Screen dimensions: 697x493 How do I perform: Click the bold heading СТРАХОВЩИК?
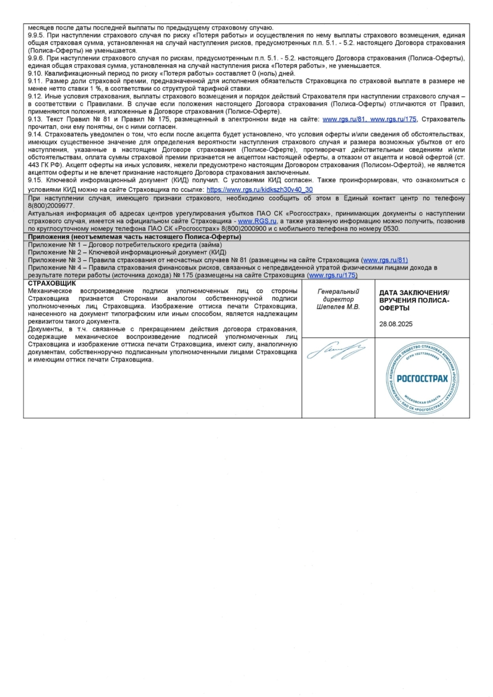click(52, 283)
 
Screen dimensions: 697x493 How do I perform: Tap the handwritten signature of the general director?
click(336, 352)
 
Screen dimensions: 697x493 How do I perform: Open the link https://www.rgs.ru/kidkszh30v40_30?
click(259, 190)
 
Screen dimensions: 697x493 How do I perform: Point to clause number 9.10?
click(36, 73)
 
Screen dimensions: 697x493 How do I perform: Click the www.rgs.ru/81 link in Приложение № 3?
click(385, 260)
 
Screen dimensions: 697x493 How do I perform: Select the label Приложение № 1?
click(55, 245)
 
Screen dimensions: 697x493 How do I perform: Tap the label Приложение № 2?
click(55, 252)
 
